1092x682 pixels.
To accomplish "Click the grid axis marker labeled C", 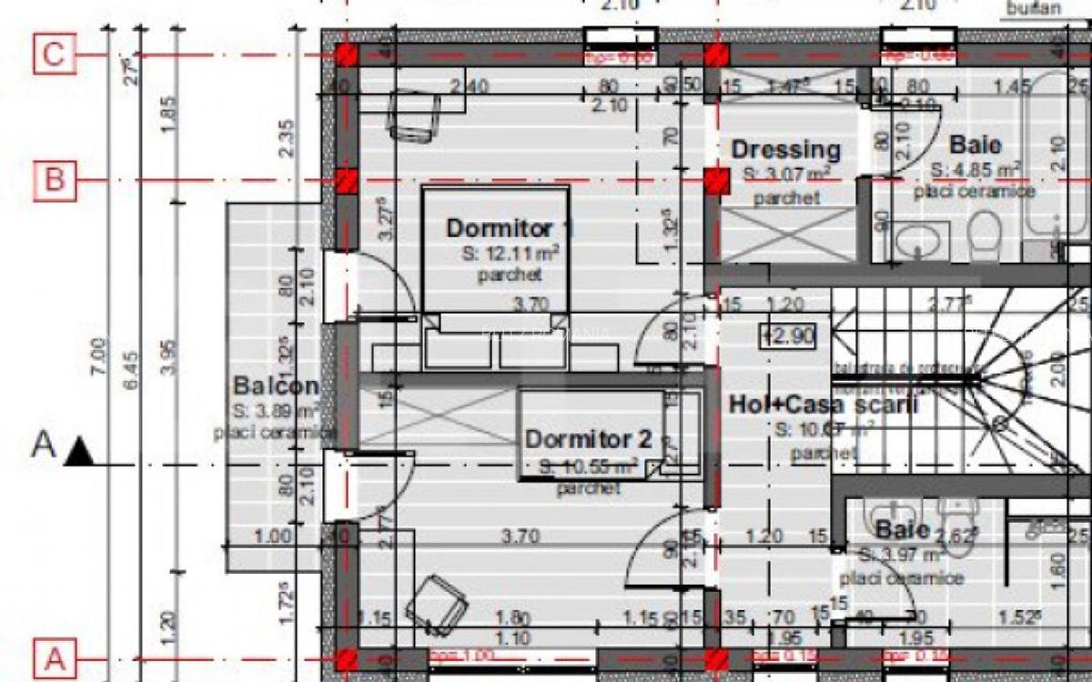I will click(x=54, y=54).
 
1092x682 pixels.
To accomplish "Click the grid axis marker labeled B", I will click(x=54, y=180).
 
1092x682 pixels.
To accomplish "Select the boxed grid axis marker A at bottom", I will click(x=54, y=657).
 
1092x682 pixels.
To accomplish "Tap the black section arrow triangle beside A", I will click(x=79, y=450).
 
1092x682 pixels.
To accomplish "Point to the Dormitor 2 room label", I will click(x=588, y=439).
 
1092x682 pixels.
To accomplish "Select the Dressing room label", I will click(x=785, y=149).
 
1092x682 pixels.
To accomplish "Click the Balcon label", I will click(x=275, y=386).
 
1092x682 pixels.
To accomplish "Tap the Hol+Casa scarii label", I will click(x=823, y=406).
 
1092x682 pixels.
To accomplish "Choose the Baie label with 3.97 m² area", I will click(x=902, y=530).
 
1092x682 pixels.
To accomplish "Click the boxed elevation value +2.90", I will click(x=787, y=336).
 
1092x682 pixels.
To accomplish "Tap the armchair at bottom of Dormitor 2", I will click(x=436, y=603).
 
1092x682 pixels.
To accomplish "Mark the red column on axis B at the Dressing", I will click(x=717, y=180).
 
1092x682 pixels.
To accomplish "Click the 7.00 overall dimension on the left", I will click(x=108, y=351).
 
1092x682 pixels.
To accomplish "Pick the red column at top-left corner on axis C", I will click(x=346, y=55).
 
